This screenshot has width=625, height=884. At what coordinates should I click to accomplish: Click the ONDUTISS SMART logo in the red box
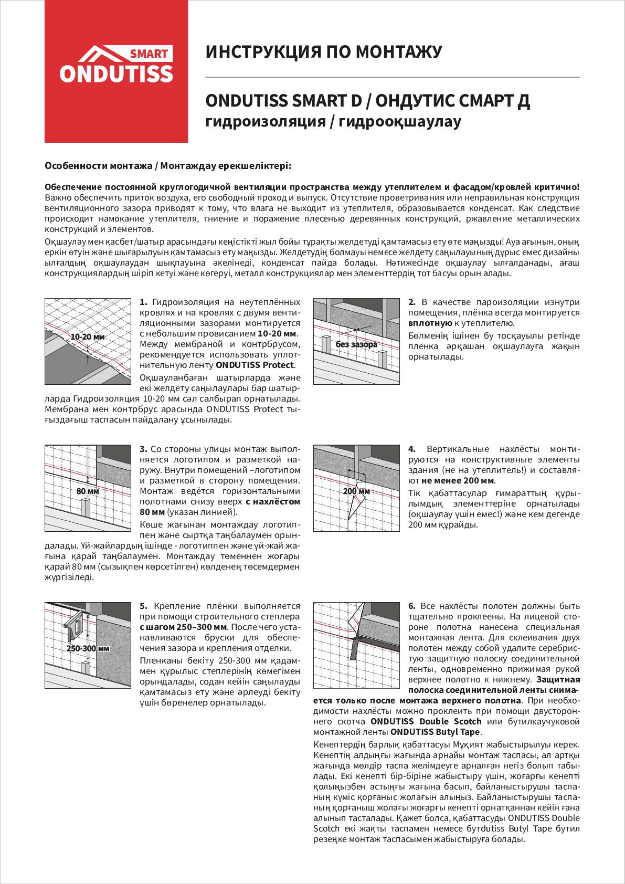click(116, 65)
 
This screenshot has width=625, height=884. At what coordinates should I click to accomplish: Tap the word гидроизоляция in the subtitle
click(266, 122)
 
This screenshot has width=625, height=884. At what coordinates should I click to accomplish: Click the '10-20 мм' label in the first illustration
click(88, 336)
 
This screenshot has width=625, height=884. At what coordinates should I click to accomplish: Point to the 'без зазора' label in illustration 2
click(356, 344)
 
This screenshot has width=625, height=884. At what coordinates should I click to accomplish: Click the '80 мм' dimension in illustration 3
click(88, 491)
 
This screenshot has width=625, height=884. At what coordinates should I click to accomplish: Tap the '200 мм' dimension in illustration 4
click(356, 491)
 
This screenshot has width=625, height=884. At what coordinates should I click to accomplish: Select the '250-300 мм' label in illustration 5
click(88, 648)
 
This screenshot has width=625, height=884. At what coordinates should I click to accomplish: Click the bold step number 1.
click(143, 302)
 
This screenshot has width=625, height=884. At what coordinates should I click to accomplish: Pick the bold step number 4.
click(412, 449)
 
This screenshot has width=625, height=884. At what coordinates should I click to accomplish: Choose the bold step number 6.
click(412, 606)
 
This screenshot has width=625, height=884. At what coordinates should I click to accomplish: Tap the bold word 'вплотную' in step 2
click(430, 323)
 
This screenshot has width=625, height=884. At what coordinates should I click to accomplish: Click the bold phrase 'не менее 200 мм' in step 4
click(458, 481)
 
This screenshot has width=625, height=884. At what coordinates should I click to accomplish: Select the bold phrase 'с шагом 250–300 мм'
click(183, 627)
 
